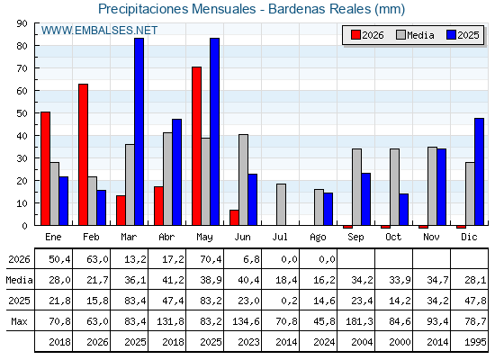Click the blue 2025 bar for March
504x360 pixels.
pyautogui.click(x=139, y=131)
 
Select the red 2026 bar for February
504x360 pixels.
pyautogui.click(x=83, y=155)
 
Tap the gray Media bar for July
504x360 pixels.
pyautogui.click(x=281, y=204)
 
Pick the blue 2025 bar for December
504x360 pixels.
pyautogui.click(x=479, y=172)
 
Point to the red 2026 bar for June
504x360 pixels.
pyautogui.click(x=234, y=218)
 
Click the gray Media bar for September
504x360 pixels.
pyautogui.click(x=356, y=187)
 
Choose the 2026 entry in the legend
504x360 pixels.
pyautogui.click(x=367, y=35)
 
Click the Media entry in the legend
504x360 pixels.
pyautogui.click(x=415, y=35)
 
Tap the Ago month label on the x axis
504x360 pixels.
pyautogui.click(x=318, y=238)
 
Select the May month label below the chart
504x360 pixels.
pyautogui.click(x=204, y=238)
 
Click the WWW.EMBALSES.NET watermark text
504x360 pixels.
pyautogui.click(x=99, y=31)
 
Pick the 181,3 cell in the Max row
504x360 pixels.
pyautogui.click(x=359, y=321)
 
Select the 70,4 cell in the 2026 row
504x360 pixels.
pyautogui.click(x=211, y=259)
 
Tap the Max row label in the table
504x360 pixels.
pyautogui.click(x=19, y=321)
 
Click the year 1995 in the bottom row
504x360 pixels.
pyautogui.click(x=475, y=342)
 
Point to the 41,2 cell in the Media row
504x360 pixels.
pyautogui.click(x=173, y=280)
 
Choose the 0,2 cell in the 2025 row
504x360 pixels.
pyautogui.click(x=289, y=301)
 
